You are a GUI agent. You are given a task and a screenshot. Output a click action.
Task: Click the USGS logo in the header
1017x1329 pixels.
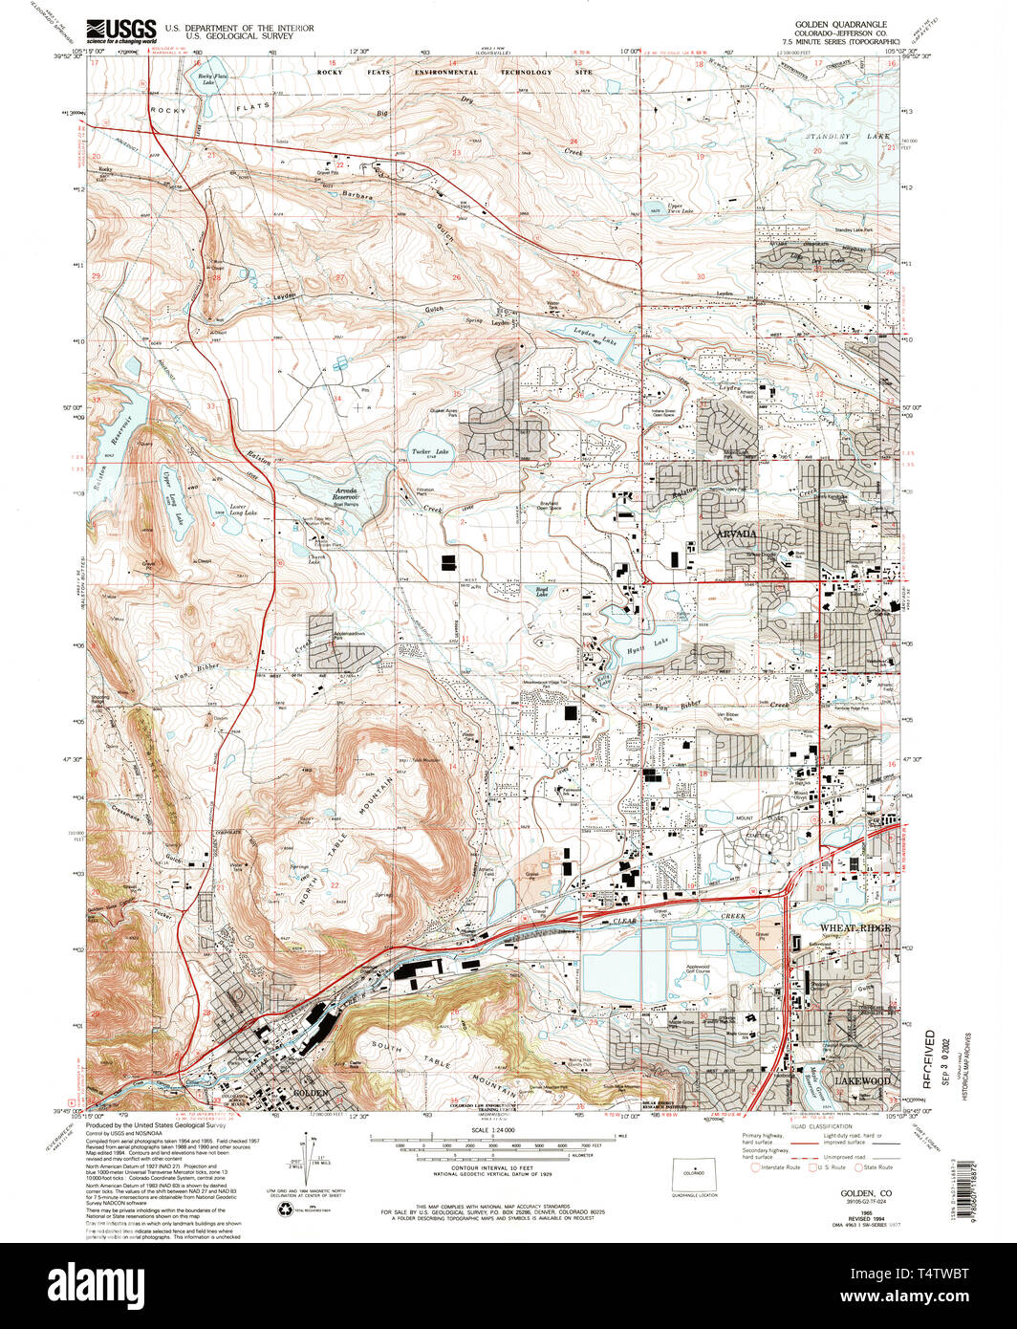pos(121,33)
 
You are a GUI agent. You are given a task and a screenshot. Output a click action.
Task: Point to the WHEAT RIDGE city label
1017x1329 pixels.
pos(854,928)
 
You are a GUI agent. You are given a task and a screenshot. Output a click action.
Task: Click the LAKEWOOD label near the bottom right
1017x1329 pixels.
pos(863,1080)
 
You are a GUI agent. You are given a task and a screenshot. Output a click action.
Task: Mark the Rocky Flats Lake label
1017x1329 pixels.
pos(206,79)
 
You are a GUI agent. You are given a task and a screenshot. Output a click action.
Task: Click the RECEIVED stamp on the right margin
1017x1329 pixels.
pos(929,1057)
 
